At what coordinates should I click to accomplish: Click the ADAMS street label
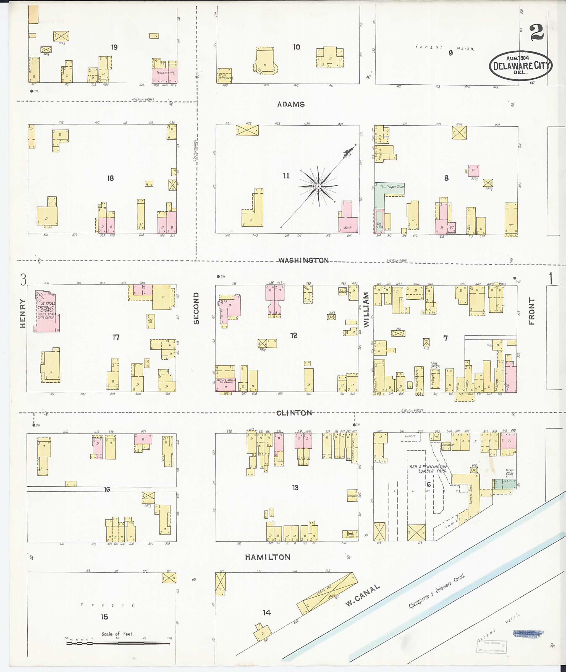pos(291,104)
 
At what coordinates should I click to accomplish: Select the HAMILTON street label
pos(268,557)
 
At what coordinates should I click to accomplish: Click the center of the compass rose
pos(318,186)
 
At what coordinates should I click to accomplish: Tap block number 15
pos(104,617)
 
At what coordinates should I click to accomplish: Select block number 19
pos(114,47)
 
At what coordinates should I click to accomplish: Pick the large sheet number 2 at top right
pos(537,33)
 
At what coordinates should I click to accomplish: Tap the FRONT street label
pos(532,311)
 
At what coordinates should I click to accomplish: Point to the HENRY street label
pos(23,313)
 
